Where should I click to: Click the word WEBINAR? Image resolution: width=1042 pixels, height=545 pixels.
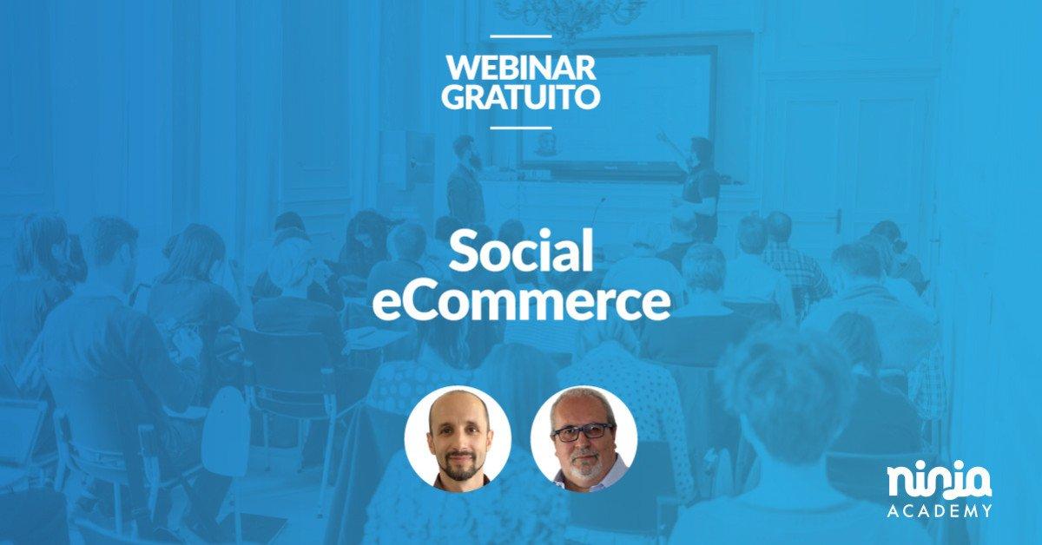pos(520,68)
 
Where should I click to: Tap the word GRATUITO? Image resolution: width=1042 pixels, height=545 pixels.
pos(520,96)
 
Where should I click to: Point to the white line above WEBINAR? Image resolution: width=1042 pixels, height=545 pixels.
pos(520,36)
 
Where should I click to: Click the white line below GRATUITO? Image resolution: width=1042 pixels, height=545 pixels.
pos(520,128)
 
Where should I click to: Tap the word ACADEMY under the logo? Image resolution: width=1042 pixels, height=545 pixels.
pos(940,511)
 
